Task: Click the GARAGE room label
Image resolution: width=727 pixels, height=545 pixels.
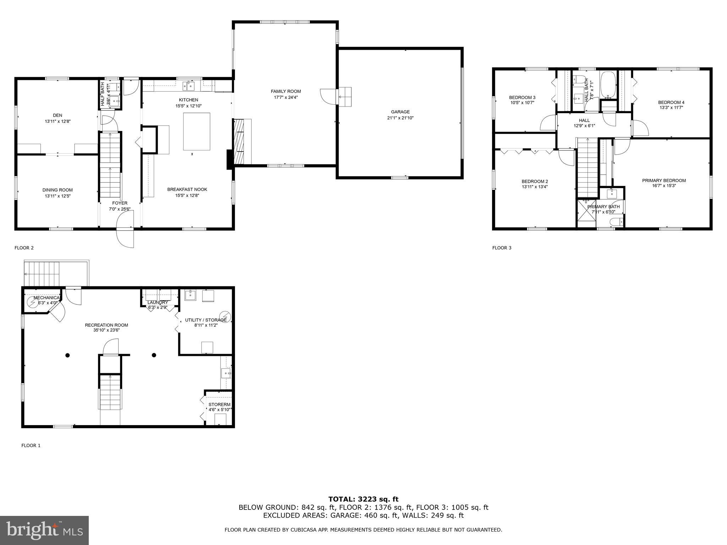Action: tap(400, 112)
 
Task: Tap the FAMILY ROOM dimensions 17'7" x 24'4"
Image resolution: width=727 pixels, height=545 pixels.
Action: tap(286, 97)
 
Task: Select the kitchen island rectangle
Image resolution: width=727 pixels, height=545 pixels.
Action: tap(196, 131)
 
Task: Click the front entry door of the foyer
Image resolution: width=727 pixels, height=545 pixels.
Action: tap(125, 229)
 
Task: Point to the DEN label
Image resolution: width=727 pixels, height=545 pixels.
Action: tap(58, 115)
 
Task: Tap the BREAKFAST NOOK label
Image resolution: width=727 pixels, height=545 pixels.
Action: tap(187, 189)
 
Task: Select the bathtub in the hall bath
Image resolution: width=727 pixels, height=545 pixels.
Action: tap(608, 85)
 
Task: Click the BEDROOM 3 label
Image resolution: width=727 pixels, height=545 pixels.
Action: tap(522, 97)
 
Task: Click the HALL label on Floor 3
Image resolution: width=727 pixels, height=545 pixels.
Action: tap(584, 120)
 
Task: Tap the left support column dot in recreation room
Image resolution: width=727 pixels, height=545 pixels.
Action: tap(67, 355)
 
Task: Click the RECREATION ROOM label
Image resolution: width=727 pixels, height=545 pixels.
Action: tap(106, 325)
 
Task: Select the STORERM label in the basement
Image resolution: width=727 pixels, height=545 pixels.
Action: tap(219, 404)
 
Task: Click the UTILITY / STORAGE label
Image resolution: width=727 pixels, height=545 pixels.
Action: tap(206, 320)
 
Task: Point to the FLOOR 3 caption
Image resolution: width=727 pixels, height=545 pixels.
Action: tap(502, 248)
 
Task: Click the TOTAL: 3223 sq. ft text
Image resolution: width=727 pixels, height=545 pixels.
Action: tap(363, 499)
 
